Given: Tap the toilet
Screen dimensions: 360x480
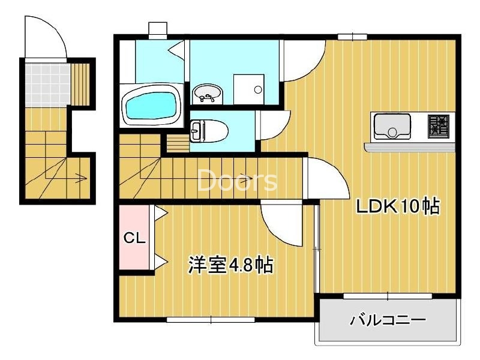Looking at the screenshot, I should click(x=207, y=130).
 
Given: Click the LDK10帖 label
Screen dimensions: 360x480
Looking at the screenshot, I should click(x=398, y=207).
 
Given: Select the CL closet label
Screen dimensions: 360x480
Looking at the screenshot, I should click(x=135, y=238).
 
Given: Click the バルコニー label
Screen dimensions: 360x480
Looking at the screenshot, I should click(x=388, y=320).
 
